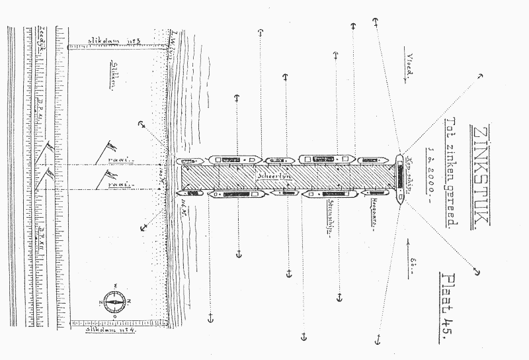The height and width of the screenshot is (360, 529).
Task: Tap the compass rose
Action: [114, 301]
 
